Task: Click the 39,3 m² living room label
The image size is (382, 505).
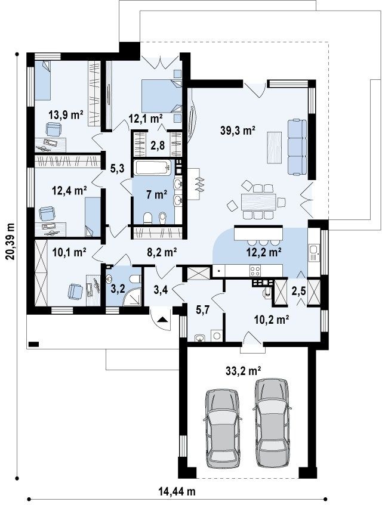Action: click(238, 130)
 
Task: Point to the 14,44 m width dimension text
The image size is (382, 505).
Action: click(177, 492)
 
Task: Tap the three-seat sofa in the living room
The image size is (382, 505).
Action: click(297, 147)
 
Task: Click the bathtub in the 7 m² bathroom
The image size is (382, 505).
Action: click(153, 169)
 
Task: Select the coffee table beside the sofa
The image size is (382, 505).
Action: click(274, 147)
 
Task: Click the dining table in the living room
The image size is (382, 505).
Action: click(259, 202)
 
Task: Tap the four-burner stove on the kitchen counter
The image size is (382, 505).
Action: click(255, 270)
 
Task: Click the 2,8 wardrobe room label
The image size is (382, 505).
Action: click(158, 145)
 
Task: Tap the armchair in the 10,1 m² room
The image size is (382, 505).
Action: click(75, 291)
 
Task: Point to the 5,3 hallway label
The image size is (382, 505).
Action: click(118, 168)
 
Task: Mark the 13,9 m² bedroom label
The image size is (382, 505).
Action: click(66, 114)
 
